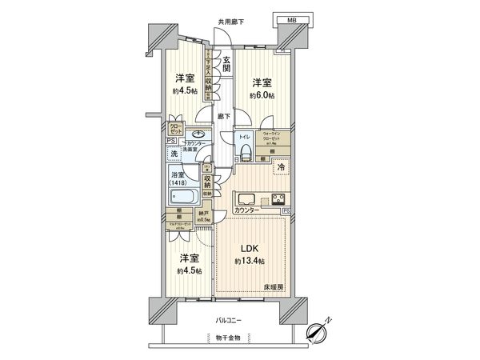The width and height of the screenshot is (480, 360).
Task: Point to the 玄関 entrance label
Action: click(x=227, y=65)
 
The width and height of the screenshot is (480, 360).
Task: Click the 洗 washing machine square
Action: click(x=174, y=153)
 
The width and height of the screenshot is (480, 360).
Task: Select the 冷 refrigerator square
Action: click(x=281, y=166)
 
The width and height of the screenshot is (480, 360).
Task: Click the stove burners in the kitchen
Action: click(x=277, y=199)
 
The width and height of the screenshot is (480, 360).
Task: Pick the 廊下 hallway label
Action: click(x=224, y=116)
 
